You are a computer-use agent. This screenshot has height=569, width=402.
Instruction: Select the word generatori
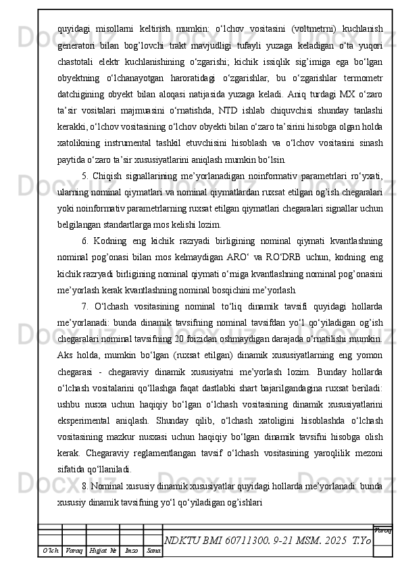(x=80, y=45)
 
